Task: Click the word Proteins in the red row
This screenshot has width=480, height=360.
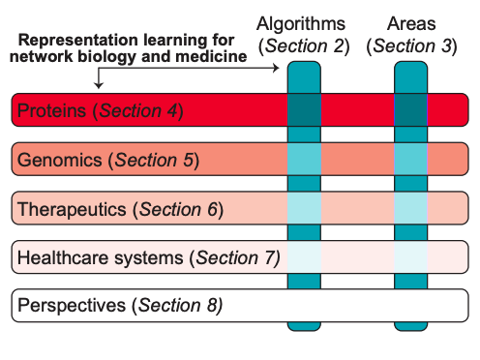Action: [53, 110]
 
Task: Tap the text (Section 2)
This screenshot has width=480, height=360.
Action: [303, 45]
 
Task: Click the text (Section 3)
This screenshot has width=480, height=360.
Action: [410, 45]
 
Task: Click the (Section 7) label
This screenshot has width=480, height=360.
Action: [236, 257]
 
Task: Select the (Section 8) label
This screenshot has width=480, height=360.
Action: [179, 306]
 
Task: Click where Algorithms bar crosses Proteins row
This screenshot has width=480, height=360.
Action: [305, 110]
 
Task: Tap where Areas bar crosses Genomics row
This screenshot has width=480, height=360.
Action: [410, 159]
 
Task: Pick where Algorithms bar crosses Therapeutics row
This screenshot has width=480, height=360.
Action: [305, 208]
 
